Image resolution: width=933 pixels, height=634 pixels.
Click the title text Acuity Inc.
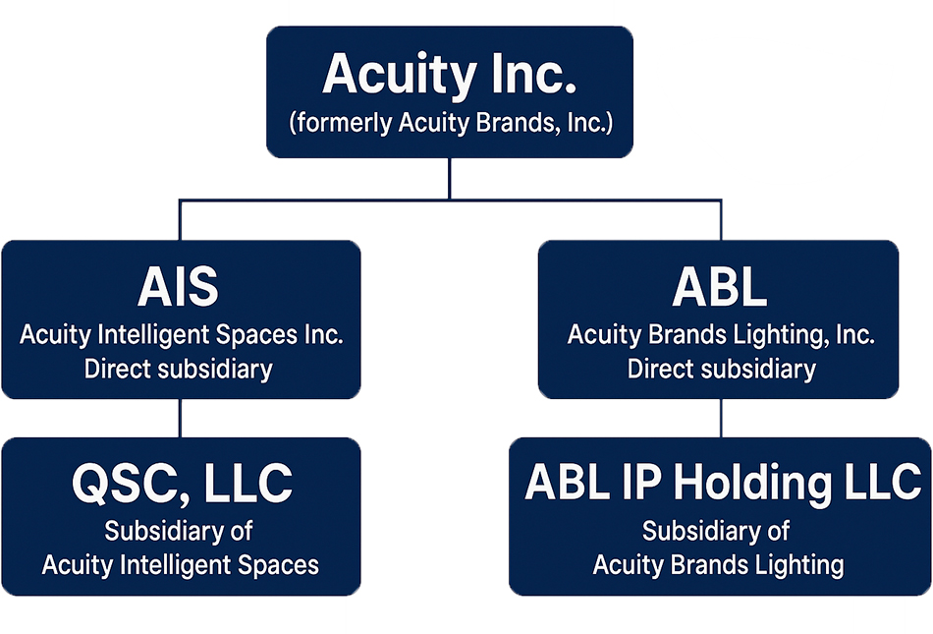coord(449,75)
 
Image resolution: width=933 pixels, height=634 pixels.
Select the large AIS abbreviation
coord(178,288)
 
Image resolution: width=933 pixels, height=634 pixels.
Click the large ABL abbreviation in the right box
coord(720,288)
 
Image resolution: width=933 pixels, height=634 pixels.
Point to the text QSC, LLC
coord(182,484)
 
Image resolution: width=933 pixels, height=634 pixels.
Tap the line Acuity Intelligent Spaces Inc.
coord(182,335)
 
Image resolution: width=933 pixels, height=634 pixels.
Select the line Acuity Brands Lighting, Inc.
coord(721,335)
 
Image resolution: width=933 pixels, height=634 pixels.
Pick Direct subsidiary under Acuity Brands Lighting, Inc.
coord(721,370)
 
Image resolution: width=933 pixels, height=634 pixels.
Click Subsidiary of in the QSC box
coord(179,532)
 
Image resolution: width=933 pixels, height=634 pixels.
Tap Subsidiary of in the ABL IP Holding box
coord(716,532)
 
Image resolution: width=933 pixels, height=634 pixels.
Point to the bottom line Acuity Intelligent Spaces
coord(181,565)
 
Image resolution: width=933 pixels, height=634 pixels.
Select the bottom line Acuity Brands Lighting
coord(719,565)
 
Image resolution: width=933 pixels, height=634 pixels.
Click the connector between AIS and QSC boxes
coord(179,419)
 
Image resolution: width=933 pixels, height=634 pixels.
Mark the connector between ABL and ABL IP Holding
coord(721,419)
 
